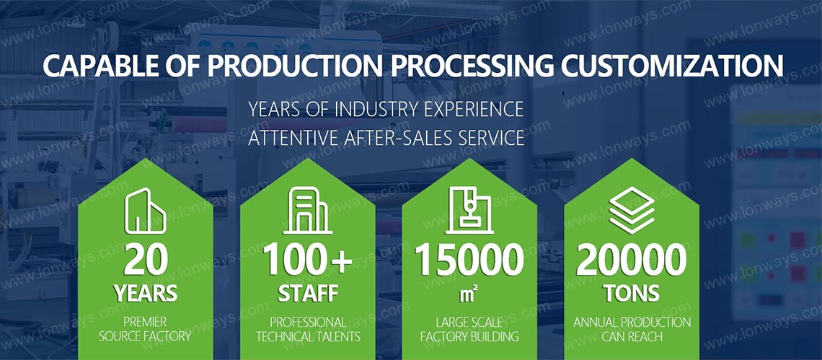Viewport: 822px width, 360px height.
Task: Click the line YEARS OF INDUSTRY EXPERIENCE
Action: [386, 109]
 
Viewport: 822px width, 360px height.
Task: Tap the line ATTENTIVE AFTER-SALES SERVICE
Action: [386, 138]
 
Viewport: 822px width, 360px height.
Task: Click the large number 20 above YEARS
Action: [146, 261]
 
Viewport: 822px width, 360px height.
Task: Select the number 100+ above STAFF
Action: [307, 261]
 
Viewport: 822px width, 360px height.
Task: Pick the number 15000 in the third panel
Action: [469, 261]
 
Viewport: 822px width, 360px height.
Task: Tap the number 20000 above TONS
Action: [631, 261]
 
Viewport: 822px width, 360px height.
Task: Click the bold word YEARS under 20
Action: [146, 294]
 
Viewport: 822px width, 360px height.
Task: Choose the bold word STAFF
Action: [308, 294]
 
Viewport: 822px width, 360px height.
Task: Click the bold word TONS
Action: [632, 294]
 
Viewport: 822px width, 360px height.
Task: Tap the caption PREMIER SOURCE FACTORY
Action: [146, 329]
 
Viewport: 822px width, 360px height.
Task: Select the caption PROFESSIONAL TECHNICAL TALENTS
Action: [308, 329]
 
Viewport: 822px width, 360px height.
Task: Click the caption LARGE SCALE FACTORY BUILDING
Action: [469, 329]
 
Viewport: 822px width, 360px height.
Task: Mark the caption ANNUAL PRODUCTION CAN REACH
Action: [632, 329]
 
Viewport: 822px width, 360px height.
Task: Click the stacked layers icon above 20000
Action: [632, 210]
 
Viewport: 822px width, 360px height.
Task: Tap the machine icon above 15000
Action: [469, 210]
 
